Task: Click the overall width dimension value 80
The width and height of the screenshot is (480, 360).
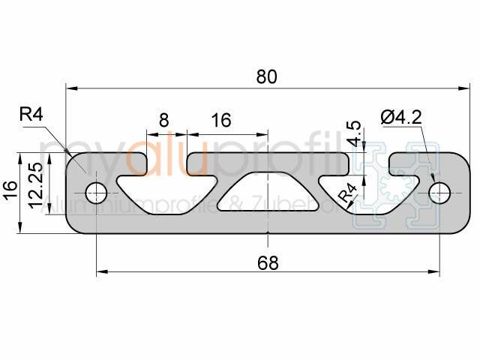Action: click(267, 76)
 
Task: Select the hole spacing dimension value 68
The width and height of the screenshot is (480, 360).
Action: click(267, 262)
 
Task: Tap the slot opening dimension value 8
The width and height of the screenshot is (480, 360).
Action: click(163, 120)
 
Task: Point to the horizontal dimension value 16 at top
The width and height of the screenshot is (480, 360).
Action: click(220, 120)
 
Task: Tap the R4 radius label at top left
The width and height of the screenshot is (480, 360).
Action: click(31, 115)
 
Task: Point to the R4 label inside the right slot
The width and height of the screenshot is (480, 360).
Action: click(346, 193)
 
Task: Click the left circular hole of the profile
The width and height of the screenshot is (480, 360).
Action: click(96, 193)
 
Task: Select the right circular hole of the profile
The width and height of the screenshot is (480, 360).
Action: click(438, 193)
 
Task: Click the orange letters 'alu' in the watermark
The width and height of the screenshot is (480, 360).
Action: click(159, 157)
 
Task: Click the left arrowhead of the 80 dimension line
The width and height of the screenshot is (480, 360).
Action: click(70, 88)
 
